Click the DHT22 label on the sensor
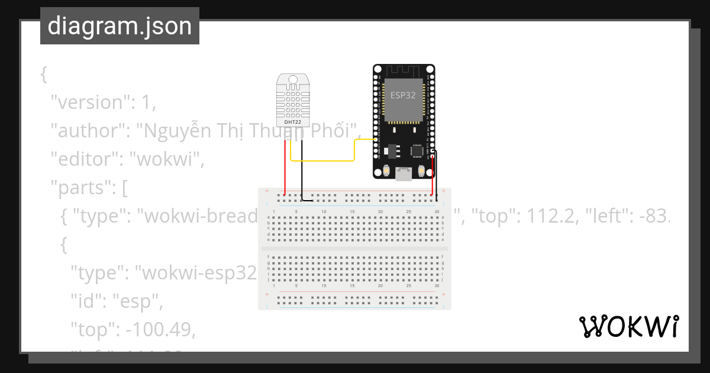pos(293,122)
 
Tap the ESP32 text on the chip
pos(403,95)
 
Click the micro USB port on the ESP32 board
pos(404,173)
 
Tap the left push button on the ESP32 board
pos(386,171)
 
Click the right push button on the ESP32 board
pos(421,171)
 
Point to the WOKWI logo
pos(628,326)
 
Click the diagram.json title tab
pos(120,26)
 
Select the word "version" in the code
pos(90,102)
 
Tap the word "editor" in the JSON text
pos(85,159)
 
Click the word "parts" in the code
pos(80,188)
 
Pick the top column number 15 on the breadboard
pos(352,212)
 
